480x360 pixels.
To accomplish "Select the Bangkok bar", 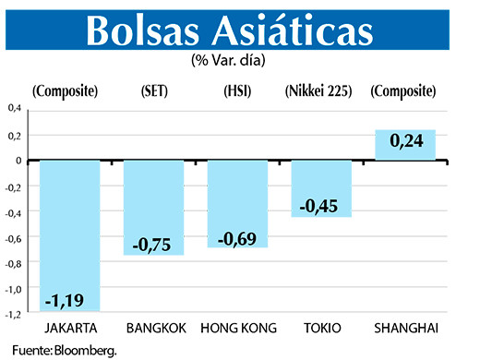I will pos(154,207).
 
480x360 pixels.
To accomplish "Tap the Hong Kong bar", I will pos(237,203).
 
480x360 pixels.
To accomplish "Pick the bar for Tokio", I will pos(320,187).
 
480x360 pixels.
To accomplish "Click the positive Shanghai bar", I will pos(404,145).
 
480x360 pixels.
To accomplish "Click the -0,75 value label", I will pos(152,243).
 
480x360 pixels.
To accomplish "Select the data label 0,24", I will pos(405,142).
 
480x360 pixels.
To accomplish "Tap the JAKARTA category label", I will pos(70,328).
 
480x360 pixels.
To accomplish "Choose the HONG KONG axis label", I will pos(237,328).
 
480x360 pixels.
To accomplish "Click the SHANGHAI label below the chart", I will pos(404,328).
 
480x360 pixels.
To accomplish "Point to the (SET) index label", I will pos(153,91).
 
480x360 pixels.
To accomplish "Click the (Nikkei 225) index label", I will pos(320,91).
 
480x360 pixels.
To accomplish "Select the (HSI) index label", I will pos(237,91).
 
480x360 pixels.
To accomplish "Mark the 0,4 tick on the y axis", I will pos(15,109).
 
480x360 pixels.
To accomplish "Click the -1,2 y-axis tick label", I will pos(14,314).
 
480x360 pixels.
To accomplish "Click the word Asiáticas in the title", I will pos(300,30).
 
